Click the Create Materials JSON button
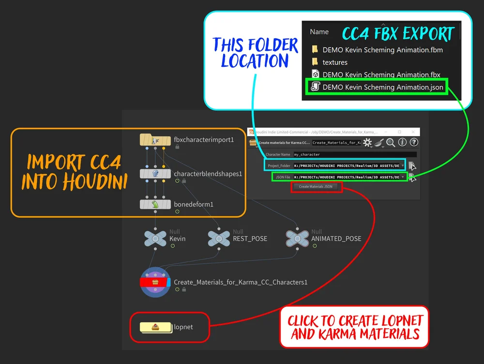pos(316,186)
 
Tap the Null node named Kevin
pos(155,239)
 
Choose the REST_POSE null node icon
pos(219,239)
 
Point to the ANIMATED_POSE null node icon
pos(297,239)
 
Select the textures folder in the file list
pos(335,62)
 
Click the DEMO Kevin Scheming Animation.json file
pos(382,87)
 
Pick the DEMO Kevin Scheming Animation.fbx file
pos(381,75)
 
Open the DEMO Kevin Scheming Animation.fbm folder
pos(382,49)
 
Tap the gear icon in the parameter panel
pos(367,142)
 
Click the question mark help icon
pos(414,142)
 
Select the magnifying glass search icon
pos(391,142)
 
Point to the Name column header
pos(319,32)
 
